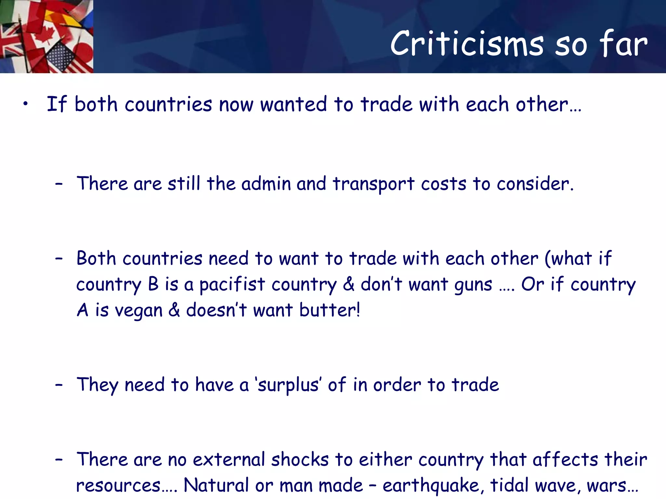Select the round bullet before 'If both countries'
point(26,104)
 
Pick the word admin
point(266,184)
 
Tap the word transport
point(374,184)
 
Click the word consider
point(535,184)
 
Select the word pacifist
point(232,285)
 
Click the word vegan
point(139,311)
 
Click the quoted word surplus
point(288,385)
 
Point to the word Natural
point(216,485)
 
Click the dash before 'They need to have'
point(59,385)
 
